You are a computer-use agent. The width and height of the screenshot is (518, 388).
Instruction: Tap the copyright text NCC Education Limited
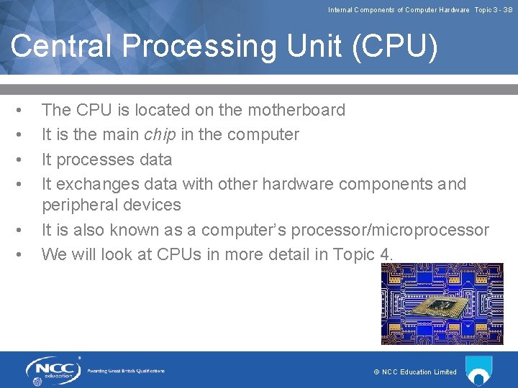point(415,372)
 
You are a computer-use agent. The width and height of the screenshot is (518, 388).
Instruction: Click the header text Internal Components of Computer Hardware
point(399,10)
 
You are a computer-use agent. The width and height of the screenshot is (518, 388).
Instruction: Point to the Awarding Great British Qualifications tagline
point(126,371)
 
